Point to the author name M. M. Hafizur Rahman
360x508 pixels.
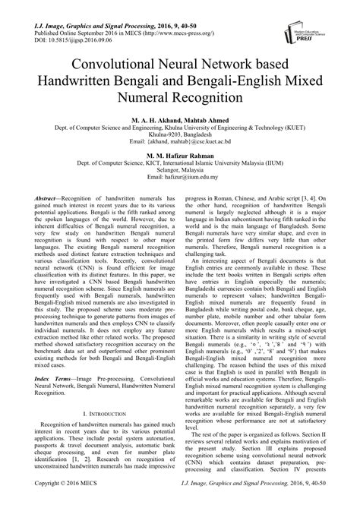(180, 153)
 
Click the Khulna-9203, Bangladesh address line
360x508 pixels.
(180, 134)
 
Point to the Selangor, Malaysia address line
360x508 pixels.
(180, 172)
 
